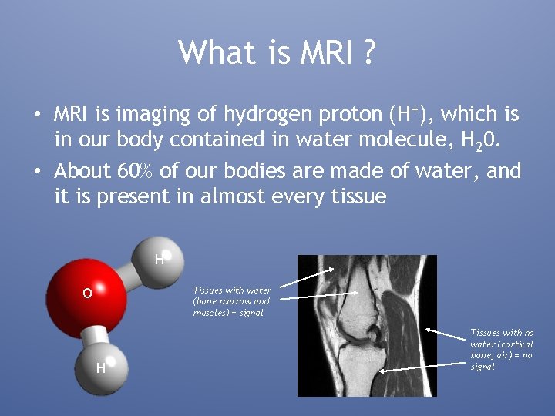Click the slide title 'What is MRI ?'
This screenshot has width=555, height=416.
(277, 52)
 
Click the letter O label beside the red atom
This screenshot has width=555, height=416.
(87, 294)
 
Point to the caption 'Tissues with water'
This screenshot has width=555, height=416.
(232, 290)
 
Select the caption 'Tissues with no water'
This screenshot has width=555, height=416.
(502, 333)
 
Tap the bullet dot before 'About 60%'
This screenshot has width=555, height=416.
(36, 171)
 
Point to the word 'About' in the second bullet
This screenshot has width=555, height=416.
(83, 170)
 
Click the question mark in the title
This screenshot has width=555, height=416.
(368, 52)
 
